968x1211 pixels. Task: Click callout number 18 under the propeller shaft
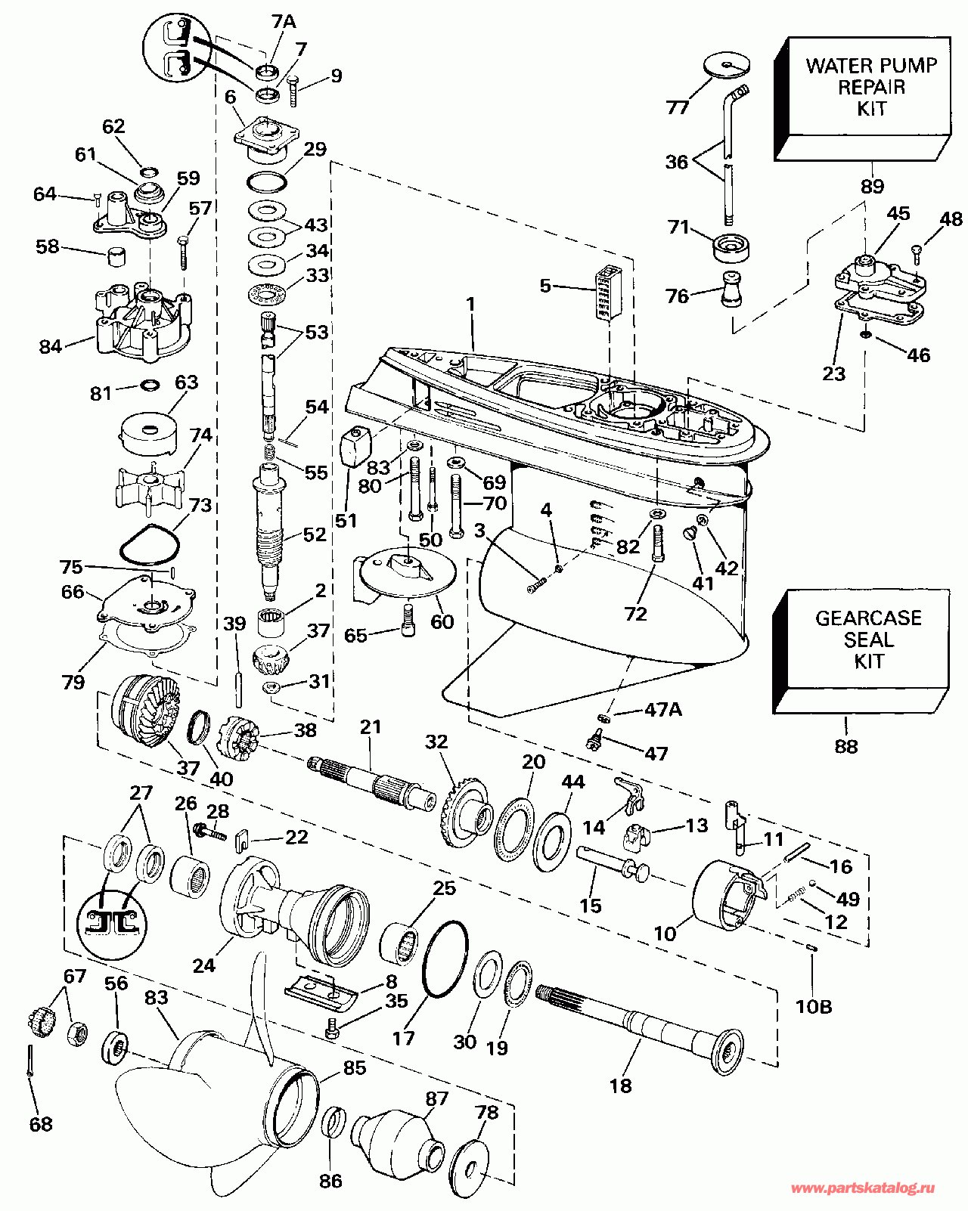click(x=620, y=1086)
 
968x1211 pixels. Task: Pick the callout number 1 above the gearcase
click(x=470, y=305)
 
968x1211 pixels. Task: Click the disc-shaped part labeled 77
click(x=726, y=66)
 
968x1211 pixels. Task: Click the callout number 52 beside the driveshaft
click(x=314, y=534)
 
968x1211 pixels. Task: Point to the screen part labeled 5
click(x=607, y=293)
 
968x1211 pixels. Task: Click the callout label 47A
click(x=662, y=709)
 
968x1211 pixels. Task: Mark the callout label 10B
click(x=814, y=1006)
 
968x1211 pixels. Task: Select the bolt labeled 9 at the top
click(x=294, y=92)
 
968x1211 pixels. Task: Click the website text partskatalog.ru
click(x=862, y=1189)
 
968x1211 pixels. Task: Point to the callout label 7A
click(x=284, y=22)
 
